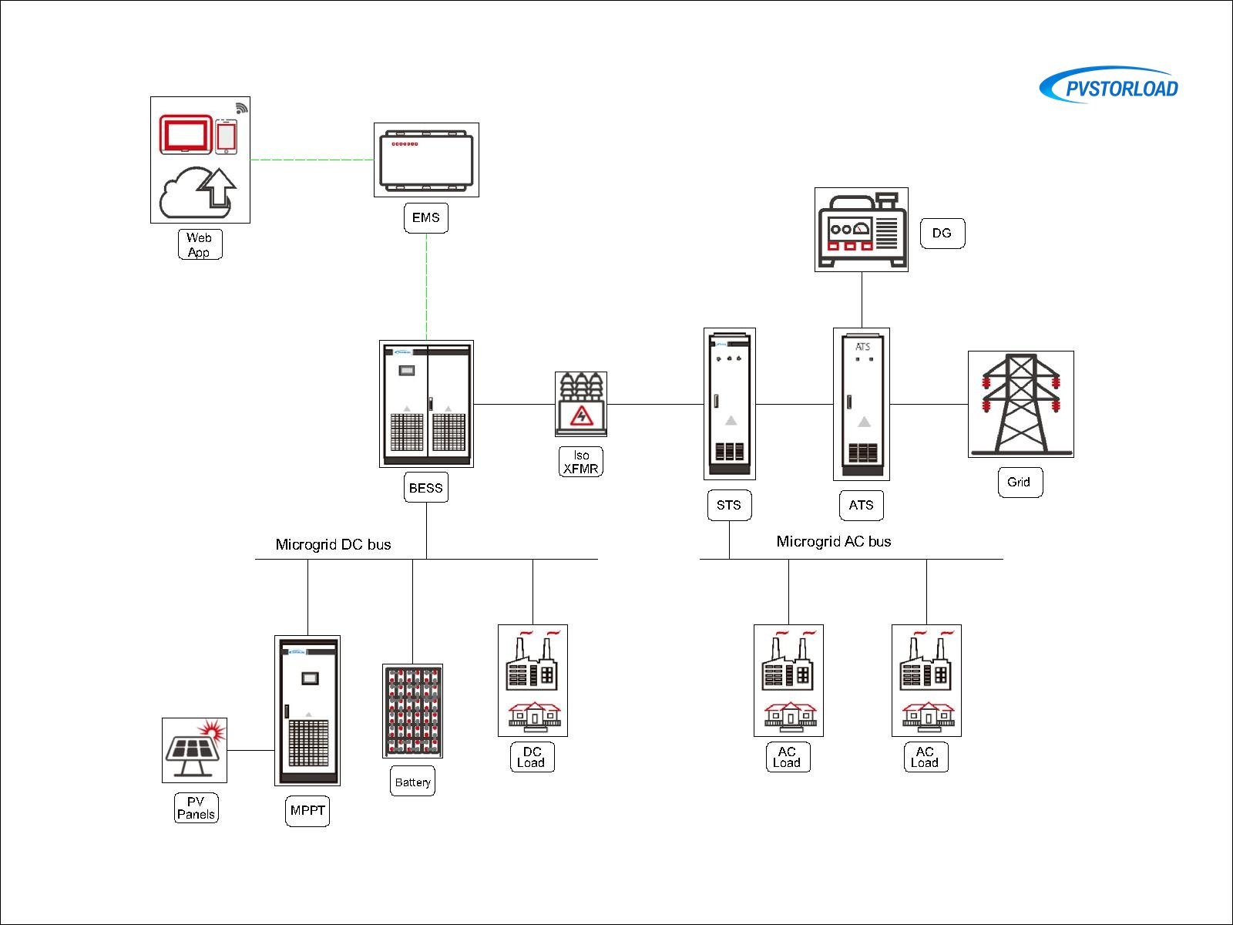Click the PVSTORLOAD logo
1110,86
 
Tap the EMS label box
425,218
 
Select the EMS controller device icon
426,160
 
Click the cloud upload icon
198,193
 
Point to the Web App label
200,244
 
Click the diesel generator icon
862,230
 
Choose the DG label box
942,233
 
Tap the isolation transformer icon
581,404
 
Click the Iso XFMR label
580,462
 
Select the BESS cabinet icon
426,404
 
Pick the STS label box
729,506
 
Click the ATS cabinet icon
862,404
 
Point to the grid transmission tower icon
1020,404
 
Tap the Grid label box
1020,482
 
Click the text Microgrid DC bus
333,544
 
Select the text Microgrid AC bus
833,541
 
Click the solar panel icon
194,750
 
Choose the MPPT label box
307,811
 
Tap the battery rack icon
412,711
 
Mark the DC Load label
532,757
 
